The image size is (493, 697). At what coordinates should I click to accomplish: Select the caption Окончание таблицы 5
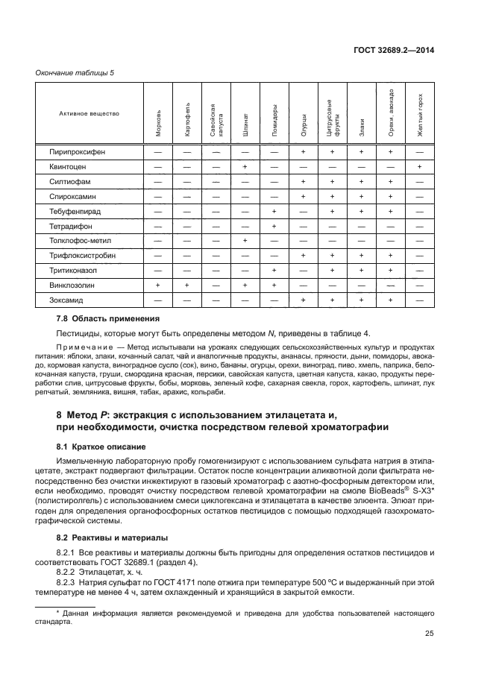75,72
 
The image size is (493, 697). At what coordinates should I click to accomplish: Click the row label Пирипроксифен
78,151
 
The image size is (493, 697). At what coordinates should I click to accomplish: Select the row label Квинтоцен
70,166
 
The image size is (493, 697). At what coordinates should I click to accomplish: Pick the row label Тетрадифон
72,226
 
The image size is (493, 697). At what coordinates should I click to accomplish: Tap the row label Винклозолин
74,285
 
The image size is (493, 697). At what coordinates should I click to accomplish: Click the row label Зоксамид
68,300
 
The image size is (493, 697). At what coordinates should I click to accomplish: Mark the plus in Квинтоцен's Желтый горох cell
420,166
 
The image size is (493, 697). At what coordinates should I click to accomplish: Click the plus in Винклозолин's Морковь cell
158,285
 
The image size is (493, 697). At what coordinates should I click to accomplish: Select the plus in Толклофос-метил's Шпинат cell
245,240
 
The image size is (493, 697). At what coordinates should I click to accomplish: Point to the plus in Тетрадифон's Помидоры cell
274,226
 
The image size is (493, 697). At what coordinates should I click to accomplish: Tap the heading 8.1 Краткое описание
92,447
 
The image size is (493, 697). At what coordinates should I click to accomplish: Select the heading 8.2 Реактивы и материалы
101,537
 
